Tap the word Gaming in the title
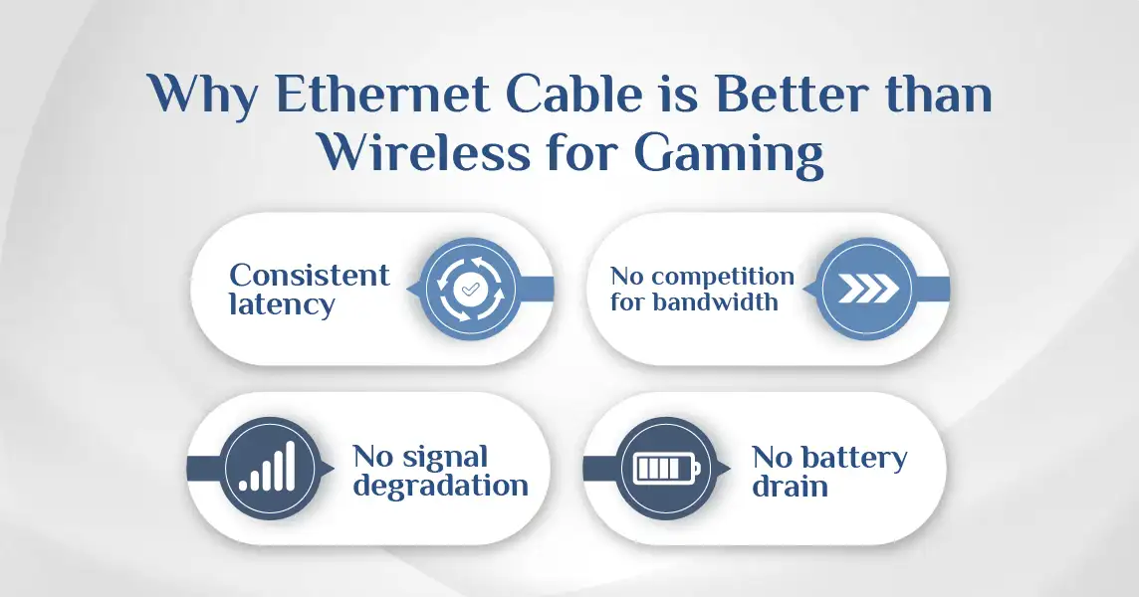(x=729, y=154)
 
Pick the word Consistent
(x=310, y=276)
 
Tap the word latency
(x=282, y=305)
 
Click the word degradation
(x=440, y=487)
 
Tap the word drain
(x=791, y=487)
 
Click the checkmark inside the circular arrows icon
(x=470, y=290)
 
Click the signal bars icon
(x=267, y=467)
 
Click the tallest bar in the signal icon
(x=290, y=467)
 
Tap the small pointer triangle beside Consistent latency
(x=412, y=290)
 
